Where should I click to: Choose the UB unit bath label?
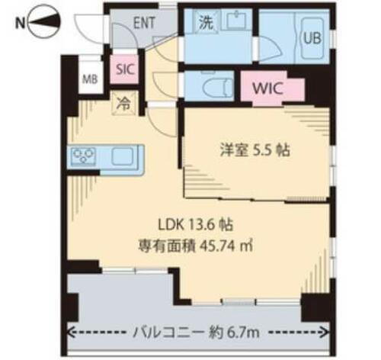(312, 37)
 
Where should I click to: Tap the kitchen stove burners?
(83, 157)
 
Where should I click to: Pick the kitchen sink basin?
(123, 158)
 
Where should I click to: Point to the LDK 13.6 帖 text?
(195, 226)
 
